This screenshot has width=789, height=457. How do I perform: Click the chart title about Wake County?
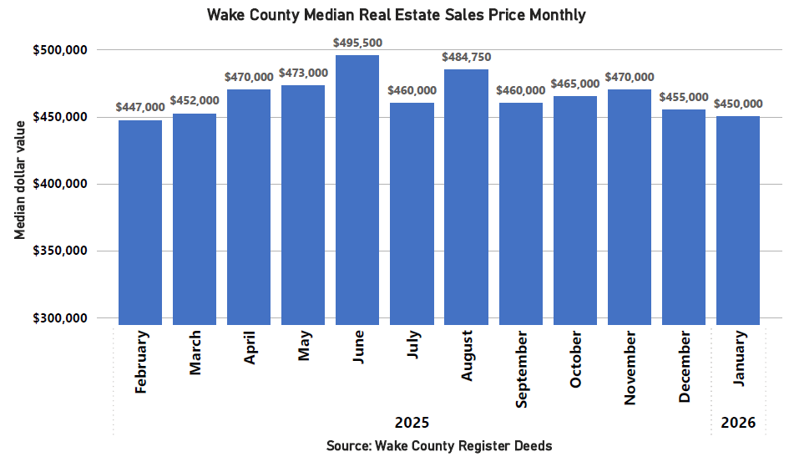click(x=395, y=15)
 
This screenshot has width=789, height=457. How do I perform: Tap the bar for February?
click(x=140, y=222)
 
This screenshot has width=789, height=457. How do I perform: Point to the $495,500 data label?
click(x=357, y=42)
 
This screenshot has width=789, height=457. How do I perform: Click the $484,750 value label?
click(x=466, y=57)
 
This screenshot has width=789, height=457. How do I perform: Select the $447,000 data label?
click(x=140, y=107)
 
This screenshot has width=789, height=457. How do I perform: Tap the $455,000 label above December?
click(x=684, y=97)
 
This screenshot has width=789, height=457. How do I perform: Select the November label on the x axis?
click(x=630, y=368)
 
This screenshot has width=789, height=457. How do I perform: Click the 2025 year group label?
click(x=412, y=423)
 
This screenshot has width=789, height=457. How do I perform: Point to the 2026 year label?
click(x=738, y=423)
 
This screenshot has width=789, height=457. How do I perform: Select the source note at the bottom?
click(x=439, y=445)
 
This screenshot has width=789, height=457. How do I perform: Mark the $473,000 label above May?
click(x=303, y=73)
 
